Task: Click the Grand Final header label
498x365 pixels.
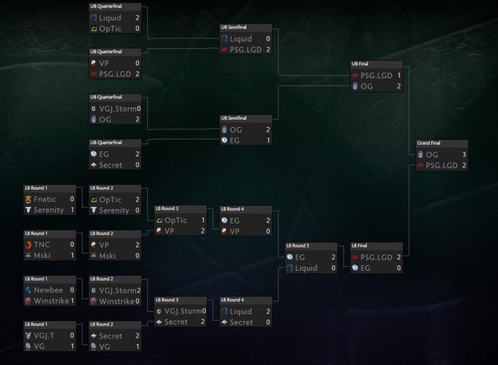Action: (x=429, y=143)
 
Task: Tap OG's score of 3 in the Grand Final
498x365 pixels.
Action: (x=463, y=154)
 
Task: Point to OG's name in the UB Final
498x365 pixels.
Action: (x=367, y=86)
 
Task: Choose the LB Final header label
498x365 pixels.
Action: (x=360, y=247)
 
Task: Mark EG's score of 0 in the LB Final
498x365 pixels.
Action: (x=398, y=268)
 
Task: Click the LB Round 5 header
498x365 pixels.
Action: (x=298, y=247)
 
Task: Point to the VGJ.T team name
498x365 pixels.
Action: (x=46, y=335)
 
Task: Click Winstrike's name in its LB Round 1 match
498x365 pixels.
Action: (x=52, y=301)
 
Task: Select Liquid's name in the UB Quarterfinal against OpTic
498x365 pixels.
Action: (x=111, y=17)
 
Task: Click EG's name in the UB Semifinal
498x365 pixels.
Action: (x=235, y=140)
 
